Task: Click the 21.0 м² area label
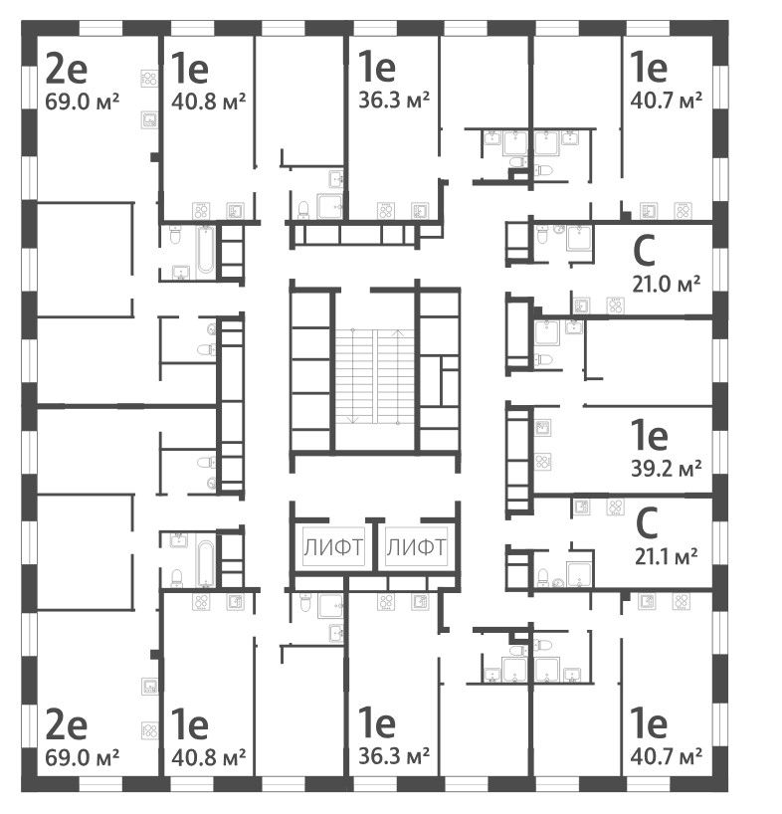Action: point(666,283)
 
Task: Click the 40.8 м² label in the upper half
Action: point(208,100)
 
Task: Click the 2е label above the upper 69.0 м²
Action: point(66,70)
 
